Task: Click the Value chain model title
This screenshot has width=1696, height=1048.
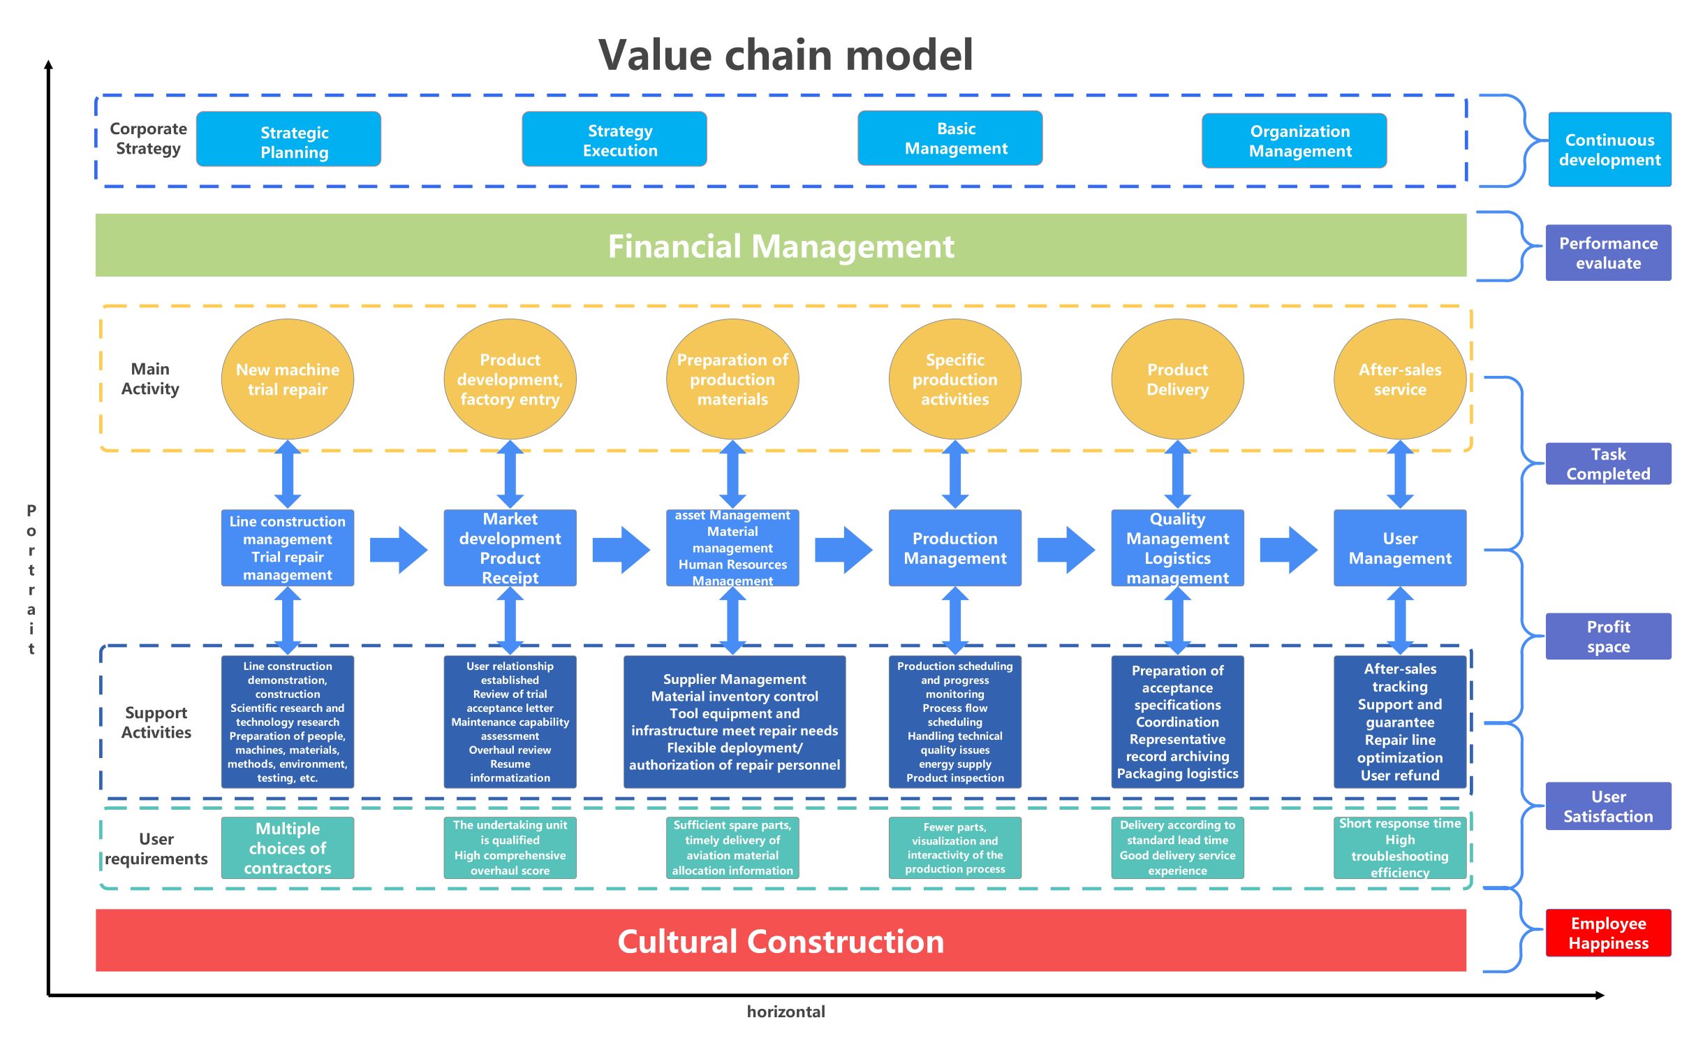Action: point(786,55)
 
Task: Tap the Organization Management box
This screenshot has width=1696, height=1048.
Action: point(1294,141)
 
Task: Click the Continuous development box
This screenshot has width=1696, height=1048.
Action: point(1609,150)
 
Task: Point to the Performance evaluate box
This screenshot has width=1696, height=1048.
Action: point(1607,253)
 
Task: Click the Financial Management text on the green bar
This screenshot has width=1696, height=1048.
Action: point(781,246)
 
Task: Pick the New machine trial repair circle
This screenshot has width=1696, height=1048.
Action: point(287,379)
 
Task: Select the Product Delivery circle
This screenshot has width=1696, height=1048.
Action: point(1177,379)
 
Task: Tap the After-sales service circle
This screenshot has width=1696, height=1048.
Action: point(1399,379)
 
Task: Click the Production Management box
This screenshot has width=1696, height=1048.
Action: point(954,548)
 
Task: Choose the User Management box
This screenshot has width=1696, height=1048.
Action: point(1399,548)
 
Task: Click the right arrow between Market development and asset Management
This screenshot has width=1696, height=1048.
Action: point(620,550)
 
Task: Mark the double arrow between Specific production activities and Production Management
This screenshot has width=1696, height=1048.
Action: point(954,474)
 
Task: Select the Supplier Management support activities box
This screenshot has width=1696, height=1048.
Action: point(734,722)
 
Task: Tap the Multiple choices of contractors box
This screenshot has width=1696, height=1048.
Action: point(287,847)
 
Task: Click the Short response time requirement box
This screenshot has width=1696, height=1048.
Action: point(1399,847)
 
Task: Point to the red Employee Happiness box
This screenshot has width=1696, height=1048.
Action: point(1607,933)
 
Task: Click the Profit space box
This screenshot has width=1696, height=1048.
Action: point(1607,636)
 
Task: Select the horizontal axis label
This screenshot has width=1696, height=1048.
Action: point(786,1011)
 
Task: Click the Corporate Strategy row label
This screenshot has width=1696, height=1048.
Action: point(148,138)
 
